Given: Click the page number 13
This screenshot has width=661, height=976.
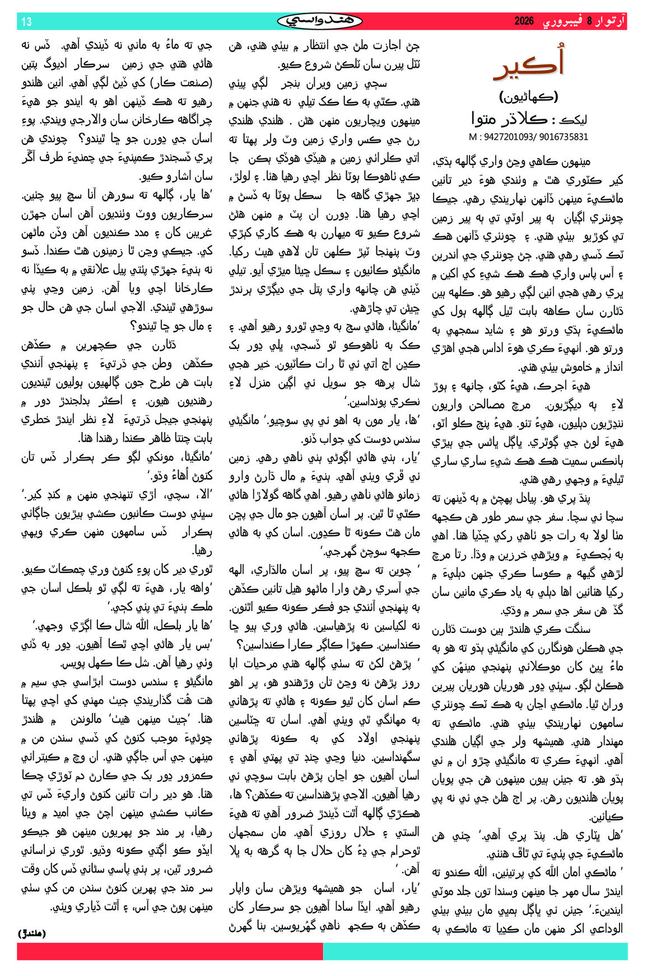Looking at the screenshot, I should [26, 22].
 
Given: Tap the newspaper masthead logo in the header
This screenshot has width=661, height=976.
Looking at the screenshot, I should [320, 21].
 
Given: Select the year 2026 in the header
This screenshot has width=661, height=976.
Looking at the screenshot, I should [524, 22].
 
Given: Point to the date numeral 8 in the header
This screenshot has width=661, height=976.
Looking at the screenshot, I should [589, 22].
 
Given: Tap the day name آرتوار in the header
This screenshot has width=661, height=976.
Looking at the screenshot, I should [610, 22].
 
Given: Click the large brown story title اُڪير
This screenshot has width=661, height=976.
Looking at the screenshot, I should [528, 64].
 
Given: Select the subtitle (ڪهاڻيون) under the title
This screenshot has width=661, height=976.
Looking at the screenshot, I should [528, 96].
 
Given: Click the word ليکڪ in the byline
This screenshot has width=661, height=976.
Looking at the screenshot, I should [574, 119].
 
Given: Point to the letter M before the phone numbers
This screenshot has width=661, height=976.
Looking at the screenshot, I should [473, 136].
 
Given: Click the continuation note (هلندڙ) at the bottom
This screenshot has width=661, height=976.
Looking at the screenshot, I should [32, 933].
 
